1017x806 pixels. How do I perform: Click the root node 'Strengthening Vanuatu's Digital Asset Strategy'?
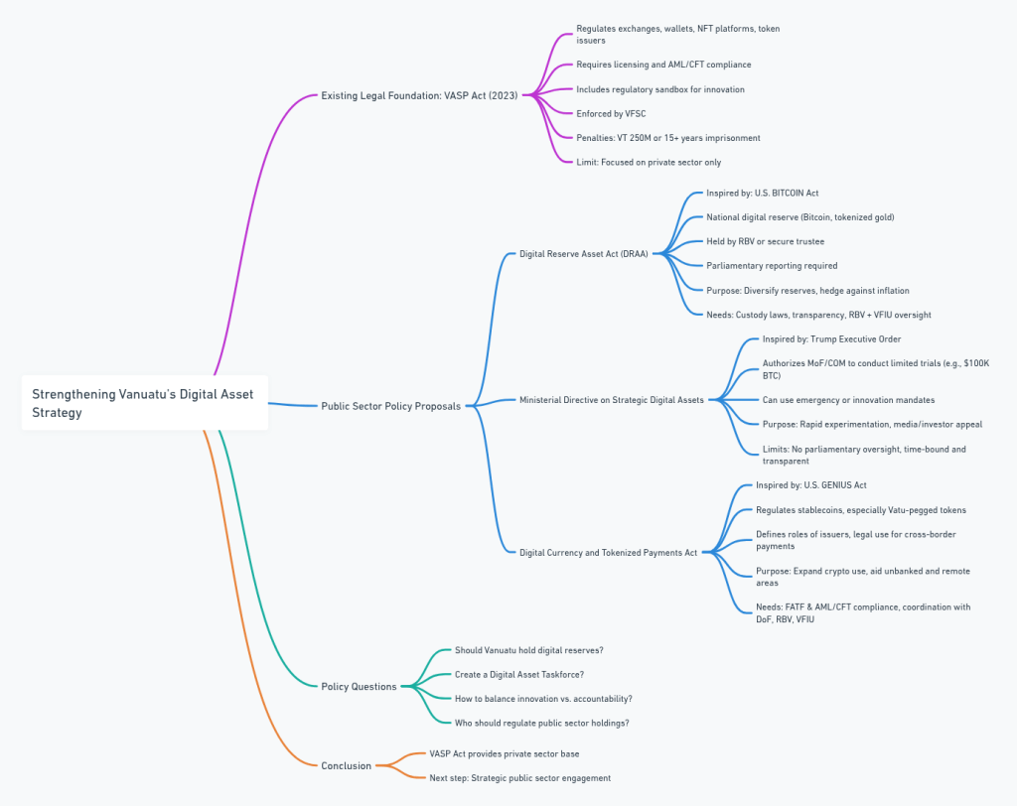[x=144, y=403]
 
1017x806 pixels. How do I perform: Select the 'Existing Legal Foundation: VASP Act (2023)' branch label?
[x=419, y=95]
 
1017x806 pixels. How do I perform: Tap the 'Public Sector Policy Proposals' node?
[x=390, y=405]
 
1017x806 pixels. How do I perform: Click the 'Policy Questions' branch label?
[x=359, y=686]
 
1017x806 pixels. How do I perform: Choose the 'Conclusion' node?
[x=346, y=765]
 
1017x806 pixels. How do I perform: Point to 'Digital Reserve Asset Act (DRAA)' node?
[x=583, y=253]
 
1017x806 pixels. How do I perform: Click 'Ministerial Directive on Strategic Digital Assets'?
[x=611, y=400]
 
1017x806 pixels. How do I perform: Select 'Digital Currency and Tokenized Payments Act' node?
[x=608, y=552]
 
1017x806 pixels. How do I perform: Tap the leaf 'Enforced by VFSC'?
[x=611, y=113]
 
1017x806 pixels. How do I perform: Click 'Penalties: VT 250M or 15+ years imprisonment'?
[x=668, y=137]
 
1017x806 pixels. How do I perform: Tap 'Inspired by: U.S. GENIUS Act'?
[x=811, y=485]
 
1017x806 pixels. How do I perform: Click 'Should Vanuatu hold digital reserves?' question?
[x=529, y=650]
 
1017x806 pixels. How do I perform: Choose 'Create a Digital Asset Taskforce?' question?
[x=519, y=674]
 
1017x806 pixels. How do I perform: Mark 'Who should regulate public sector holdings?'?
[x=541, y=723]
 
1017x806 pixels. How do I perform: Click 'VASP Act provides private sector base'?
[x=504, y=753]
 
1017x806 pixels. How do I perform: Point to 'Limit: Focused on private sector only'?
[x=649, y=162]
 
